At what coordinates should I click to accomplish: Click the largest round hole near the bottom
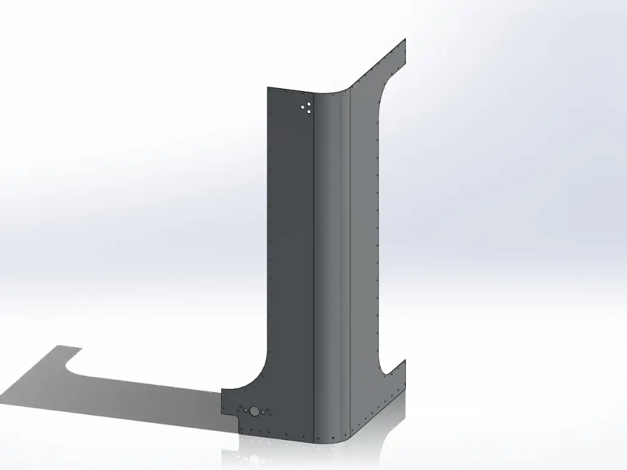[x=253, y=411]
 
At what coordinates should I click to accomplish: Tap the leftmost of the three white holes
[x=303, y=109]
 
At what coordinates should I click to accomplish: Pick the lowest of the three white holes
[x=309, y=112]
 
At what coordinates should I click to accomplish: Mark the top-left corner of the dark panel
[x=268, y=88]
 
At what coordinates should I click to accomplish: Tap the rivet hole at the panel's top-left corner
[x=271, y=91]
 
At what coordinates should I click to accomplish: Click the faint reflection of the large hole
[x=252, y=458]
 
